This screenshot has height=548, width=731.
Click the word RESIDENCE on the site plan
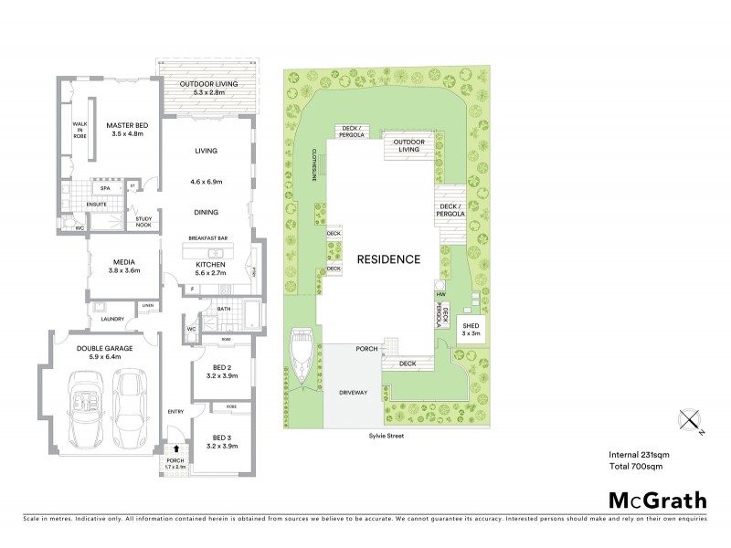pos(388,258)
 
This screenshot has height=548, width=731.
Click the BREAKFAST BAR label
pos(209,240)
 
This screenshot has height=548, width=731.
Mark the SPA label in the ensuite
pos(106,188)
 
